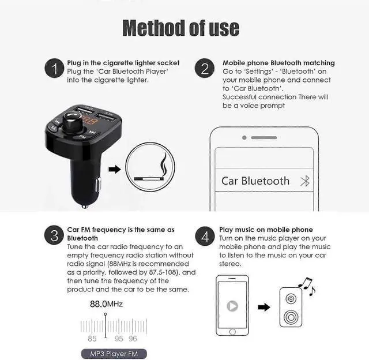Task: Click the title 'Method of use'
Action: [x=180, y=27]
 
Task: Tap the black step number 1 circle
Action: [x=54, y=69]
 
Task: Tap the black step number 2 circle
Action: [x=205, y=69]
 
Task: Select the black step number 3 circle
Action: [x=54, y=235]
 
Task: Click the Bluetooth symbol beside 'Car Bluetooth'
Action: [x=305, y=181]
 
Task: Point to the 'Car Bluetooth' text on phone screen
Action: [x=255, y=181]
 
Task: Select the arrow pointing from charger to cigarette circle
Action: [x=115, y=170]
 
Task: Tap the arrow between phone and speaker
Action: [x=263, y=307]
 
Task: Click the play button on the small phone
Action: [x=232, y=305]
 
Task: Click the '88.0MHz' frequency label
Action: [x=106, y=303]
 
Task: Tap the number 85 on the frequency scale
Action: [x=92, y=339]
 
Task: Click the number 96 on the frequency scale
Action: [x=133, y=339]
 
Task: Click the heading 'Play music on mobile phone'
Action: [x=266, y=230]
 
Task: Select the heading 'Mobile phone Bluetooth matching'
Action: [x=278, y=63]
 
